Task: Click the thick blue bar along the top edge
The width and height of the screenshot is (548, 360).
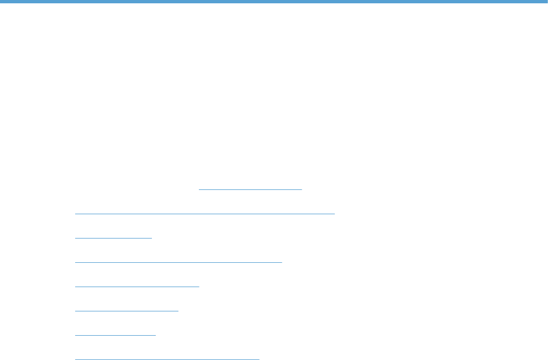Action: [x=274, y=2]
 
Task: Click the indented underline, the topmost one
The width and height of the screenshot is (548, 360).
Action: [x=250, y=189]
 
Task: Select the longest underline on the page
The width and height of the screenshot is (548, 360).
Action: [x=205, y=213]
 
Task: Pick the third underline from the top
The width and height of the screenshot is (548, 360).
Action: [x=113, y=237]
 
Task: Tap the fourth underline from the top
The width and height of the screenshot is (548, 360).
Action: [x=178, y=262]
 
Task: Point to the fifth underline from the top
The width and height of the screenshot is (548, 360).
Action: [x=137, y=287]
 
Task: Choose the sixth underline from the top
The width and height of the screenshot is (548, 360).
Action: [x=127, y=311]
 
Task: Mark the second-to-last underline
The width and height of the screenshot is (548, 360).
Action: [x=115, y=335]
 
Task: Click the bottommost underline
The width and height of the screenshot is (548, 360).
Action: [x=167, y=359]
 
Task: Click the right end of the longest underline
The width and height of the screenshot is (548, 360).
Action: [x=334, y=213]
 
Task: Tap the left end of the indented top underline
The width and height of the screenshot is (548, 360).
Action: [x=199, y=189]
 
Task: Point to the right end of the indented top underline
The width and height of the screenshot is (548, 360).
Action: [x=302, y=189]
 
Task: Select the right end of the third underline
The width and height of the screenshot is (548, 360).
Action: [x=151, y=237]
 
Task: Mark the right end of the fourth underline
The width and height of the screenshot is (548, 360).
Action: [x=281, y=262]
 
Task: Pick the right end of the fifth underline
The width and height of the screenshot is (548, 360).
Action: [x=198, y=287]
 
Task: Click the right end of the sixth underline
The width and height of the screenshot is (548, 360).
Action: [x=178, y=311]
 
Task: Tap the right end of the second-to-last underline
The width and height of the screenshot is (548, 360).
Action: [x=156, y=335]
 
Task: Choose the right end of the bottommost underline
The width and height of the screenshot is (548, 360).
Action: [x=259, y=359]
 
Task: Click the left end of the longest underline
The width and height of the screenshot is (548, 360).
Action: [x=76, y=213]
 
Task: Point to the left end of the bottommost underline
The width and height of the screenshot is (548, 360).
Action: [x=76, y=359]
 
